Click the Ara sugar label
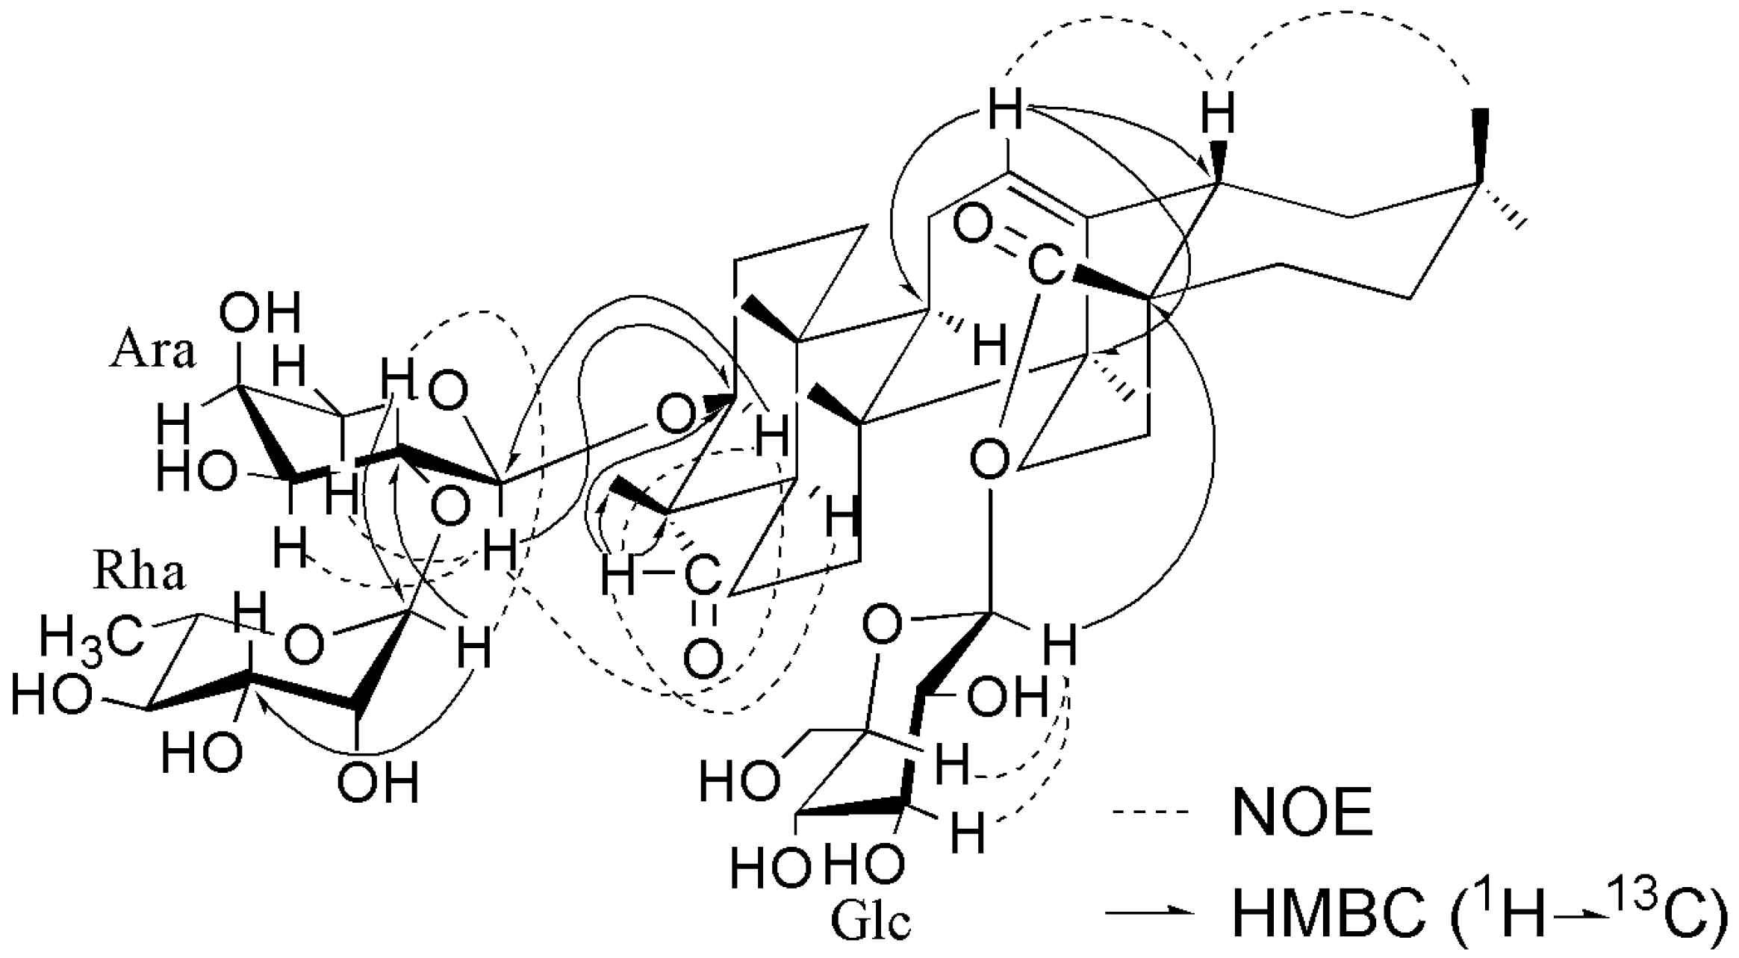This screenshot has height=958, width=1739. tap(152, 352)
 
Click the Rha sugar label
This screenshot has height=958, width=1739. tap(139, 573)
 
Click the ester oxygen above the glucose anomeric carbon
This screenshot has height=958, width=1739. tap(990, 460)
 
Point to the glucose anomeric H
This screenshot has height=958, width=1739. tap(1060, 647)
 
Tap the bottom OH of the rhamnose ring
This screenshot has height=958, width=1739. tap(377, 783)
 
